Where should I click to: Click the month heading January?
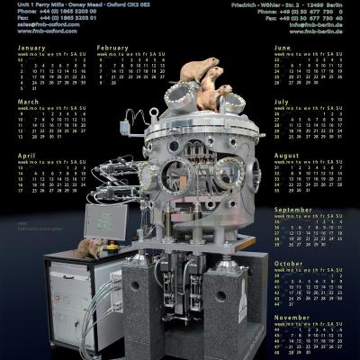(x=31, y=47)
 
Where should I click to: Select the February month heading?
(x=112, y=47)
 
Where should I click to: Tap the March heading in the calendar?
(x=29, y=102)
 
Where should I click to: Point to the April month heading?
(x=27, y=156)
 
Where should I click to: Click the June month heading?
(x=283, y=47)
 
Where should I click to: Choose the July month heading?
(x=282, y=102)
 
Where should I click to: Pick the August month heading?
(x=286, y=156)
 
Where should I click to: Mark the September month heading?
(x=292, y=209)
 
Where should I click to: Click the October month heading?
(x=289, y=263)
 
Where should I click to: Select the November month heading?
(x=292, y=317)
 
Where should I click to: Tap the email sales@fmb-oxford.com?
(x=36, y=24)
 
